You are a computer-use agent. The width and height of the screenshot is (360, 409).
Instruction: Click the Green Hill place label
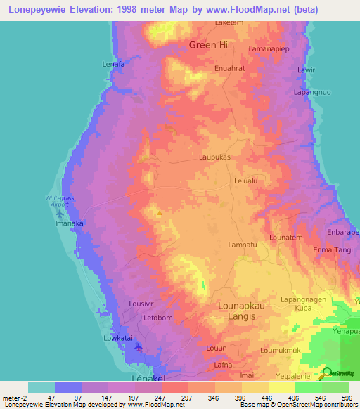(211, 46)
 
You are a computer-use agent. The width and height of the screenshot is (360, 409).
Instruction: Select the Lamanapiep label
(270, 49)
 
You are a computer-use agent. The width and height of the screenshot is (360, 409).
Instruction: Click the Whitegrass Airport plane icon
(58, 212)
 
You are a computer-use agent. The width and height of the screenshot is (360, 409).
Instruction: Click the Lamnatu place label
(242, 245)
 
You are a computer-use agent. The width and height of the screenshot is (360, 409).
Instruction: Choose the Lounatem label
(285, 238)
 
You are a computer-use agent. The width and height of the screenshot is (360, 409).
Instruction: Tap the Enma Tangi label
(333, 249)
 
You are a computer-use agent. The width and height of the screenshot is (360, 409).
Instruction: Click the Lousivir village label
(141, 304)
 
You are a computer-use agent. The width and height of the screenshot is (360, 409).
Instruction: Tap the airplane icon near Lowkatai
(139, 346)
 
